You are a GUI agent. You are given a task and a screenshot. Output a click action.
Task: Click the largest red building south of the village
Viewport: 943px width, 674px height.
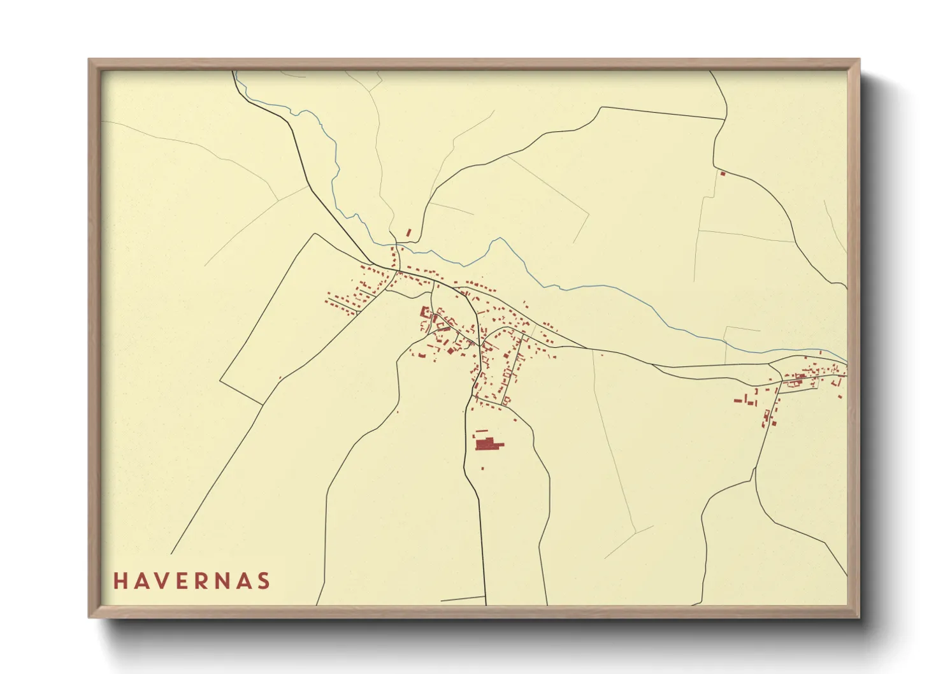tap(487, 443)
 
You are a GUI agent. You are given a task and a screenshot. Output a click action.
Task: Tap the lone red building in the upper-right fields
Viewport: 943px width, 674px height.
tap(723, 173)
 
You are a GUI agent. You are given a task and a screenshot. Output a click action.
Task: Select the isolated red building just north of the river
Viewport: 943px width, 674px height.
tap(409, 233)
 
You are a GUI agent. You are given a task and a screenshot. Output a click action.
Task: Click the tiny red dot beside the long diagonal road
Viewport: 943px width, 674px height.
tap(280, 378)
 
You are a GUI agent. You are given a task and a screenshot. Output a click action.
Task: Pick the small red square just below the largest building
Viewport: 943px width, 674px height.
tap(482, 468)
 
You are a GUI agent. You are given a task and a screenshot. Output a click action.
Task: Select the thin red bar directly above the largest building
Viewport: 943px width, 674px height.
tap(482, 431)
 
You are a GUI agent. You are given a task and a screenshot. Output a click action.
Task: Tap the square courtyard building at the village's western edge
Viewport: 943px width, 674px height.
tap(424, 312)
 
